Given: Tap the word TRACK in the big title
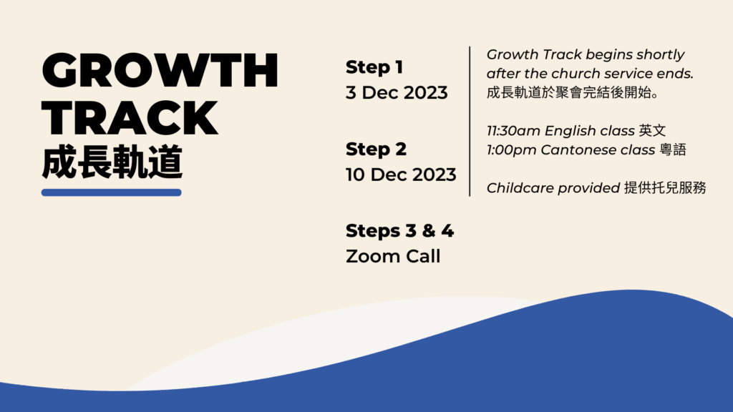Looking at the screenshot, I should [x=130, y=119].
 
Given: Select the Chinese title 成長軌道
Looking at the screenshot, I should [x=112, y=163].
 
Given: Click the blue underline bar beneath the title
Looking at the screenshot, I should [x=112, y=192].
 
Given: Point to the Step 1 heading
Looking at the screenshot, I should [x=374, y=67].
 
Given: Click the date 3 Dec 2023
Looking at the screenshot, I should [x=397, y=93].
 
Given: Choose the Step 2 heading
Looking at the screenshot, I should [x=377, y=149].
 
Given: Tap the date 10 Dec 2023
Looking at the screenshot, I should [x=401, y=175].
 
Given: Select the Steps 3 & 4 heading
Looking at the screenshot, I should [x=399, y=231].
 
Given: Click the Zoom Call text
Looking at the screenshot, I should [x=393, y=256].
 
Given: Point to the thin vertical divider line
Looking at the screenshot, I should [x=470, y=121].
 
